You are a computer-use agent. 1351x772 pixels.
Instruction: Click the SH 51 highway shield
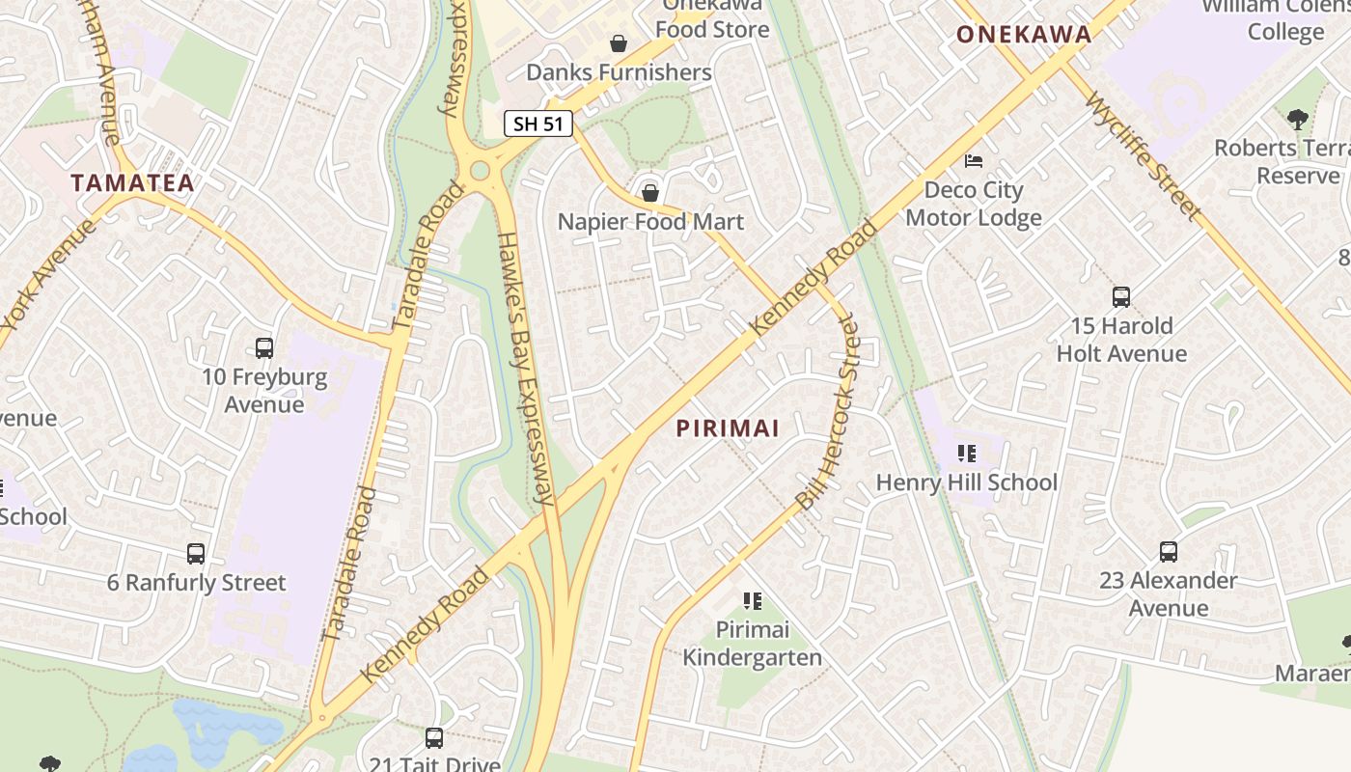pos(538,124)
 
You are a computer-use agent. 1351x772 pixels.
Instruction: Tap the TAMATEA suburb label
pos(132,182)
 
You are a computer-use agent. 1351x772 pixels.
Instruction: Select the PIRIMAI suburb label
pos(728,428)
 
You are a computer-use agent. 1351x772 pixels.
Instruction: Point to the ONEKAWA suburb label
pos(1024,35)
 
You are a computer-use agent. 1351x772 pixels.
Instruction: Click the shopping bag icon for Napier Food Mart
pos(650,193)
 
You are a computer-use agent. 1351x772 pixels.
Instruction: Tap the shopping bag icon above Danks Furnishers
pos(618,43)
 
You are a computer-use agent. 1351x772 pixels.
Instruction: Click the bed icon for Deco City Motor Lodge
pos(974,160)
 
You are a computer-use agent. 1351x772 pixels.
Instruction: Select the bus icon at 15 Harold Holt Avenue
pos(1120,297)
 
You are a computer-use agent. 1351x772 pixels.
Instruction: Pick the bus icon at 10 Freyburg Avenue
pos(263,348)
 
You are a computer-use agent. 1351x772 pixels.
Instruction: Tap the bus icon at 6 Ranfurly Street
pos(196,554)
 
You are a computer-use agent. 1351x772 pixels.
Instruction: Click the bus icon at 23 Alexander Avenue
pos(1169,552)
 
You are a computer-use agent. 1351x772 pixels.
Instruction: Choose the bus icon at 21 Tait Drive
pos(434,738)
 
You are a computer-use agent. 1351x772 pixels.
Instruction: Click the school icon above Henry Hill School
pos(966,454)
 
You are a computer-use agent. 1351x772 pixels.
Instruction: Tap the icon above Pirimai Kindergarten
pos(753,601)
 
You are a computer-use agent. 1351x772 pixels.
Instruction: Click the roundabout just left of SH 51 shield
pos(480,172)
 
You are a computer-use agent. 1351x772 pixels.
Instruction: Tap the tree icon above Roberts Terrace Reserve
pos(1298,120)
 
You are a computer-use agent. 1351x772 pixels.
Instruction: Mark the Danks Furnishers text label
pos(619,72)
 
